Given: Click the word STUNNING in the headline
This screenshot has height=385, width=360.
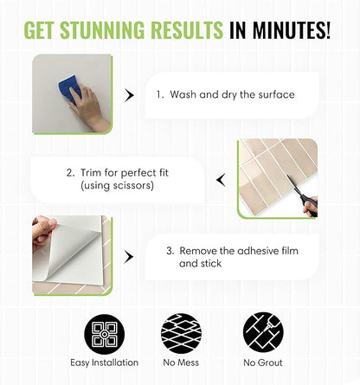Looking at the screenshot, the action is (102, 29).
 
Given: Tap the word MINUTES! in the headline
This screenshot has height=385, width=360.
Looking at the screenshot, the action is (291, 29).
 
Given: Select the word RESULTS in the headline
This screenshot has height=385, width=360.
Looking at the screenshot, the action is (187, 29).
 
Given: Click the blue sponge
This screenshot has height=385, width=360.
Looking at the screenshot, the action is (69, 88).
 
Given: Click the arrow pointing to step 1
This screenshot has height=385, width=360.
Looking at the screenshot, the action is (129, 95).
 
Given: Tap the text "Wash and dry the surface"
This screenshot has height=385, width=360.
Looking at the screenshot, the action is (232, 94).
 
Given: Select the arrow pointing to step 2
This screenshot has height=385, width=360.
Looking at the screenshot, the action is (221, 180).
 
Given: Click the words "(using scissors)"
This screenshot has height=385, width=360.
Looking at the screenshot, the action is (117, 185).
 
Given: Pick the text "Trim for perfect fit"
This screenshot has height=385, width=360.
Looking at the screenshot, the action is (125, 173).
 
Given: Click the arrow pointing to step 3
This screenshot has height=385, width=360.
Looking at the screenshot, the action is (129, 257).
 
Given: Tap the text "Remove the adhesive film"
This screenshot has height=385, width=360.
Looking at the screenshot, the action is (239, 251).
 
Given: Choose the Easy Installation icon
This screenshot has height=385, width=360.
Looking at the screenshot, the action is (105, 335).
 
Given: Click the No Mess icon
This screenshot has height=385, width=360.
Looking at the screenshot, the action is (181, 333).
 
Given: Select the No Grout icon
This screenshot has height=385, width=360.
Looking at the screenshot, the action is (263, 332).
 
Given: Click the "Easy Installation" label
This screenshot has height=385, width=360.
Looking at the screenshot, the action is (105, 363).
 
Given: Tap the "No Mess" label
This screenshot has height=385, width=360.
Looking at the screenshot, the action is (181, 363).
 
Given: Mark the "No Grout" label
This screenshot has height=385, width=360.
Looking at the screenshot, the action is (263, 363).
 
